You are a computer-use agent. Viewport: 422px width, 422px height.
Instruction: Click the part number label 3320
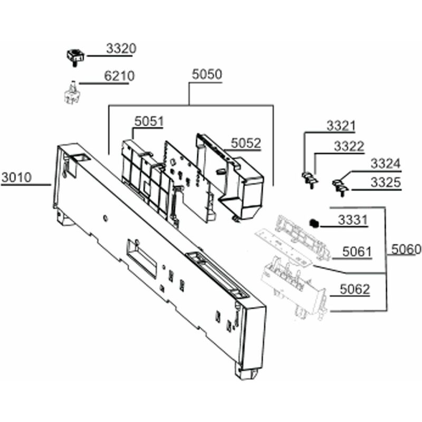point(121,49)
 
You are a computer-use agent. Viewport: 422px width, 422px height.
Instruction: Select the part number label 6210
point(119,76)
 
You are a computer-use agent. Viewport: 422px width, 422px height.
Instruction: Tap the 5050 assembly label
point(206,74)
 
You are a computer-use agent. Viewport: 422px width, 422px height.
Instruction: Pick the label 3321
point(341,126)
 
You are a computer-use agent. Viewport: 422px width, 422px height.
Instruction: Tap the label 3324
point(385,164)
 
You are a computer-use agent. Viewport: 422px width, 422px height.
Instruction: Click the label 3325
point(385,183)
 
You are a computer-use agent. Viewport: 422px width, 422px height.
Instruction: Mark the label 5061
point(357,252)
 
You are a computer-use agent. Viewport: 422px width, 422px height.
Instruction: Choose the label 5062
point(354,289)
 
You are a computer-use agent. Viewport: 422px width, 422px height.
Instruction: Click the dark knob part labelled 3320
point(75,55)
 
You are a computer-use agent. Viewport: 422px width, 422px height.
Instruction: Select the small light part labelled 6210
point(69,94)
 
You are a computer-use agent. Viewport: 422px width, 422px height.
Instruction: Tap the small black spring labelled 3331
point(314,223)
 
